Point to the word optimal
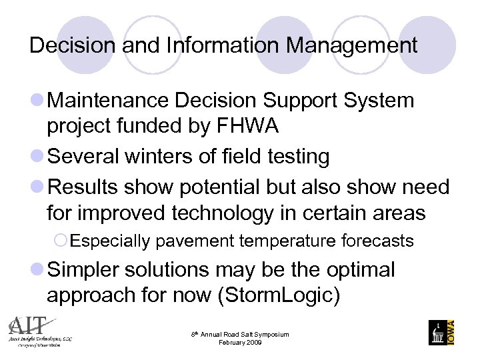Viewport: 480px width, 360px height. tap(357, 269)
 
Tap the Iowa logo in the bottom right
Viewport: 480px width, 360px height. tap(442, 331)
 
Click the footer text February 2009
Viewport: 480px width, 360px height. tap(241, 342)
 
